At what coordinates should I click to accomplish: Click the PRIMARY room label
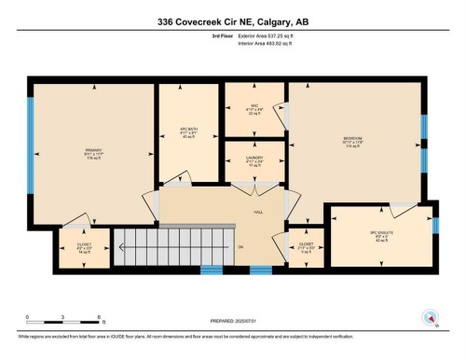coord(91,148)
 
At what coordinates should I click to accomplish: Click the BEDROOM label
coord(351,139)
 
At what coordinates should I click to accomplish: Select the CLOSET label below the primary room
coord(84,245)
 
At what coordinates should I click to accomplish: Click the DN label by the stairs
coord(240,247)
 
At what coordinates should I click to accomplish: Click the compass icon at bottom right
coord(430,315)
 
